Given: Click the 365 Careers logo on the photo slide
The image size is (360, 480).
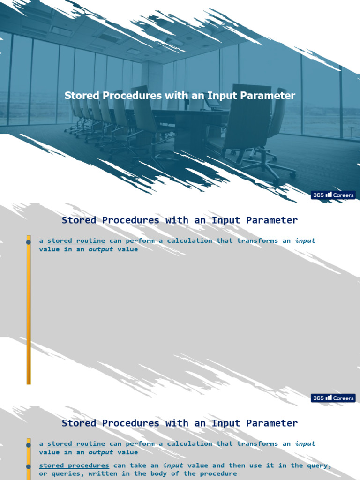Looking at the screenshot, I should click(x=333, y=195).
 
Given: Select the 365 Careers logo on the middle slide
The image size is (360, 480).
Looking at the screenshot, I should click(x=333, y=398).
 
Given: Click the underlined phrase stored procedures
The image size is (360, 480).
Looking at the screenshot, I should click(x=74, y=465).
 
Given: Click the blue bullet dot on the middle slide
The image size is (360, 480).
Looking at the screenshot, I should click(x=29, y=242).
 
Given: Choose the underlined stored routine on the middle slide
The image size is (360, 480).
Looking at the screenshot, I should click(x=76, y=241).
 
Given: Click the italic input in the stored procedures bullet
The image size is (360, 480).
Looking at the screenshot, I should click(x=172, y=465).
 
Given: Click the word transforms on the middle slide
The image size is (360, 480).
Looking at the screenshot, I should click(x=257, y=241).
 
